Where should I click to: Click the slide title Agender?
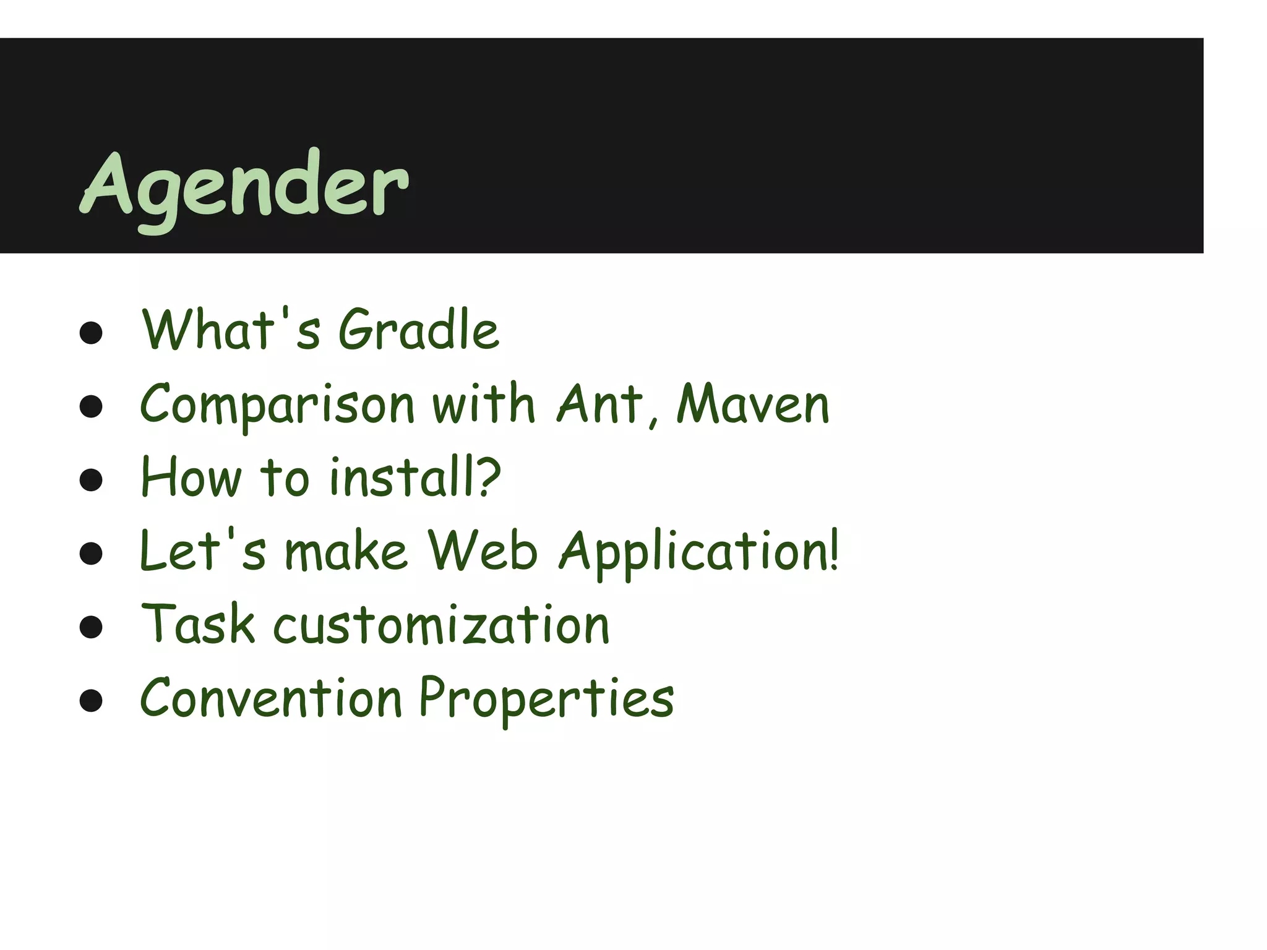(244, 186)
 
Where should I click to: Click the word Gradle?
(418, 330)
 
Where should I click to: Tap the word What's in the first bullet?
(231, 330)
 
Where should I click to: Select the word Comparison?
(277, 405)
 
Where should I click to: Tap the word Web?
(483, 550)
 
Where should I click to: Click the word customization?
(441, 625)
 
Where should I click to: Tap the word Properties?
(546, 699)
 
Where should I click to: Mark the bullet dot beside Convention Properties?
(91, 701)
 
